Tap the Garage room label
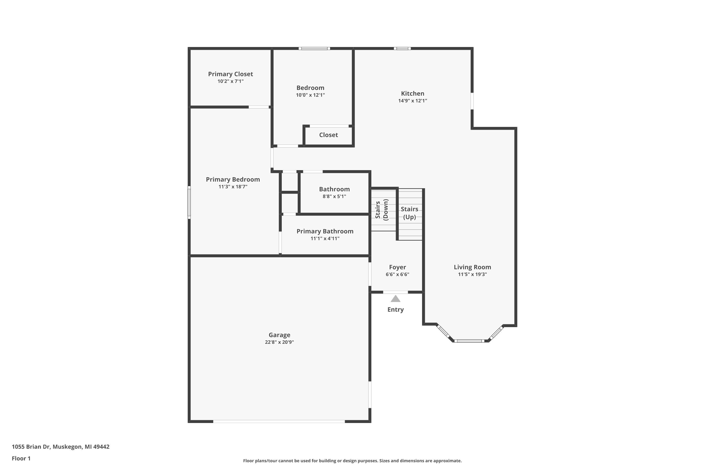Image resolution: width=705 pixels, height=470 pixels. click(279, 335)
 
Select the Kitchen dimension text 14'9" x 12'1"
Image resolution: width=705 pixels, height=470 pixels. click(412, 101)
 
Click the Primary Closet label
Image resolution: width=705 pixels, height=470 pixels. click(230, 74)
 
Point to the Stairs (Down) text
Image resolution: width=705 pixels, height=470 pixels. click(381, 210)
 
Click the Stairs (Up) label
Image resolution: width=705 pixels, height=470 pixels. click(409, 213)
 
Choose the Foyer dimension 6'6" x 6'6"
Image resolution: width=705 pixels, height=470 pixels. click(397, 274)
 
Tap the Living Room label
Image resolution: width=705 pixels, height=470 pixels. click(472, 267)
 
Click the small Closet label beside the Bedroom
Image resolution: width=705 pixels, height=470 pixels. click(328, 135)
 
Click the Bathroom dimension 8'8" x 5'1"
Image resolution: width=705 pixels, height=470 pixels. click(334, 196)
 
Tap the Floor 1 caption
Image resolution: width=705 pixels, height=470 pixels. click(21, 458)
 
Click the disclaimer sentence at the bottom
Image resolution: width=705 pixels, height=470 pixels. click(352, 461)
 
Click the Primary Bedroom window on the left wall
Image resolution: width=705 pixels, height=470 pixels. click(189, 202)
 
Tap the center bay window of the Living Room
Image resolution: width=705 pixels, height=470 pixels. click(469, 341)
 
